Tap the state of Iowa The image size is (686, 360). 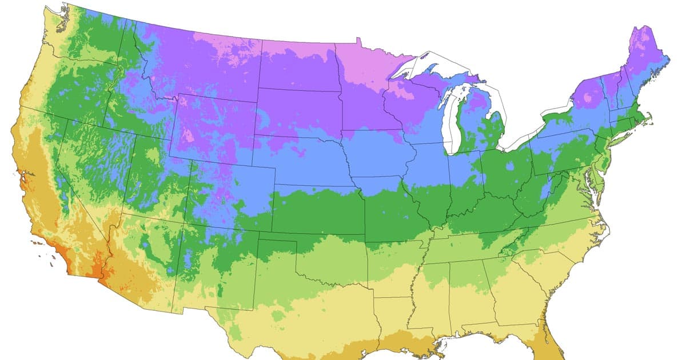click(374, 154)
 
